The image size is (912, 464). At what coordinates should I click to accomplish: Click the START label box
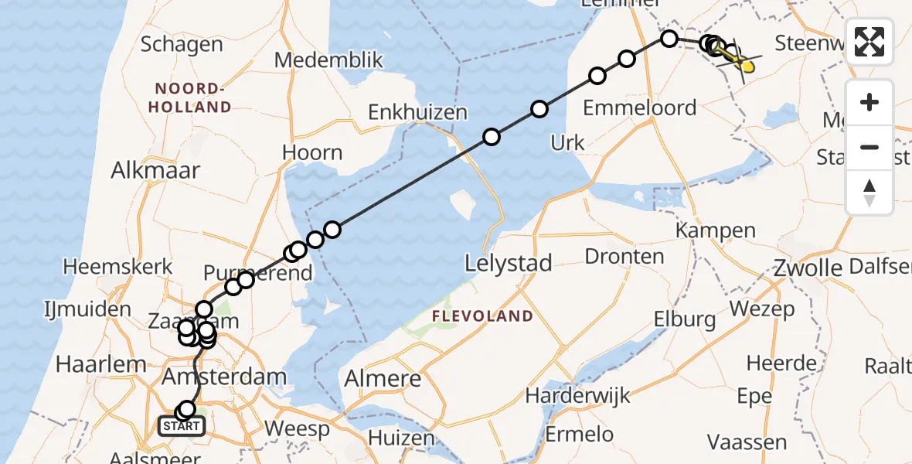(x=182, y=425)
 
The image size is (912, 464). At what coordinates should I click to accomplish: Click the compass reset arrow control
(x=869, y=193)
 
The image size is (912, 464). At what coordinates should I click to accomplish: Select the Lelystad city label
(x=509, y=264)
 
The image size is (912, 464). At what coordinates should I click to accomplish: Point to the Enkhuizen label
(x=417, y=112)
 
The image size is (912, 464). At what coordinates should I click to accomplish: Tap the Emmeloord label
(x=639, y=107)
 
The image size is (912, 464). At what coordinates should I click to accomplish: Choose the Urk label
(x=567, y=142)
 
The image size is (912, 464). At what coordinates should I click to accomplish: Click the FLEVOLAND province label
(x=482, y=316)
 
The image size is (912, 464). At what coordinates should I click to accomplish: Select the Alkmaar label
(x=155, y=171)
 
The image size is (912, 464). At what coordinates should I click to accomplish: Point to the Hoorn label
(x=312, y=152)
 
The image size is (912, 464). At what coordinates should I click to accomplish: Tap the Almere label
(x=383, y=379)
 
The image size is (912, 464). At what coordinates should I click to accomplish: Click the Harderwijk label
(x=577, y=396)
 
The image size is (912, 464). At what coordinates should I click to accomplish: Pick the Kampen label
(x=715, y=230)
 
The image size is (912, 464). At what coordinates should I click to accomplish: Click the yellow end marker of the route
(x=747, y=67)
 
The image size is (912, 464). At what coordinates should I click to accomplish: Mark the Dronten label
(x=624, y=256)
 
